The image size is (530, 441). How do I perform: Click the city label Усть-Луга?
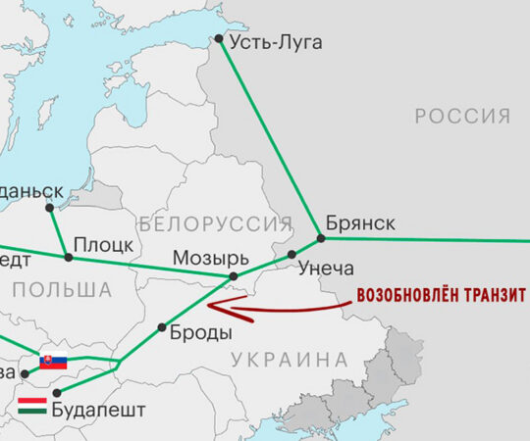tap(275, 43)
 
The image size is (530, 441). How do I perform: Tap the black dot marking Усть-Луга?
tap(218, 40)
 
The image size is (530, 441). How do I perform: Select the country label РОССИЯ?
tap(462, 117)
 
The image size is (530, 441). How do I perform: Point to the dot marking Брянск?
tap(320, 237)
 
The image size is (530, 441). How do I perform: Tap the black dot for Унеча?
tap(292, 255)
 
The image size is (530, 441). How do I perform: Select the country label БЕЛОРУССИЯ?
tap(216, 222)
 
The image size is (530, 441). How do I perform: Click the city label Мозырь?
tap(206, 258)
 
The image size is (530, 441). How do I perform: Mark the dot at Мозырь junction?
tap(234, 276)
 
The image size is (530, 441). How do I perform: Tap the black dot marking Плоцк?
tap(68, 258)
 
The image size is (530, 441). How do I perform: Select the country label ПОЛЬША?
tap(62, 289)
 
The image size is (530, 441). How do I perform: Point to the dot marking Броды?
tap(162, 327)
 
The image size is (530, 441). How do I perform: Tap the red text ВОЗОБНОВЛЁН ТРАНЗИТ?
tap(442, 295)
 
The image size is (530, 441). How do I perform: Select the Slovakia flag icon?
tap(53, 362)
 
